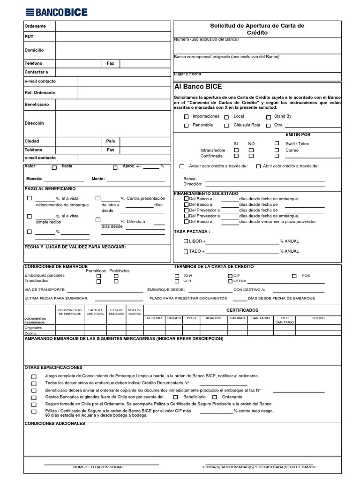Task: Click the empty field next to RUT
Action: tap(112, 37)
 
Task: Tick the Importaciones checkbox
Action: tap(187, 117)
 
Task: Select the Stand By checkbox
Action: tap(269, 117)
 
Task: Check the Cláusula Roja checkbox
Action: tap(226, 126)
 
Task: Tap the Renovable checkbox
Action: tap(187, 126)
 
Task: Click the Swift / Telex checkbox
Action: tap(277, 143)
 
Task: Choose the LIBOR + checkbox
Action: tap(186, 241)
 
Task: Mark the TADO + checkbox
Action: tap(186, 252)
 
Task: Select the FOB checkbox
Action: tap(294, 276)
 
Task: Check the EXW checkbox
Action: tap(177, 276)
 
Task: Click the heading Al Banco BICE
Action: tap(198, 87)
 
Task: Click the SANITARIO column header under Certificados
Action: tap(260, 318)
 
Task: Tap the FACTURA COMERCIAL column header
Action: tap(96, 312)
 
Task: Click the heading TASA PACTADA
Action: tap(192, 232)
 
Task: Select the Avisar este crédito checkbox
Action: tap(182, 166)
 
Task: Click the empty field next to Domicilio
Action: tap(112, 50)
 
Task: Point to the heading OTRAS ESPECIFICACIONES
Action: tap(53, 367)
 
